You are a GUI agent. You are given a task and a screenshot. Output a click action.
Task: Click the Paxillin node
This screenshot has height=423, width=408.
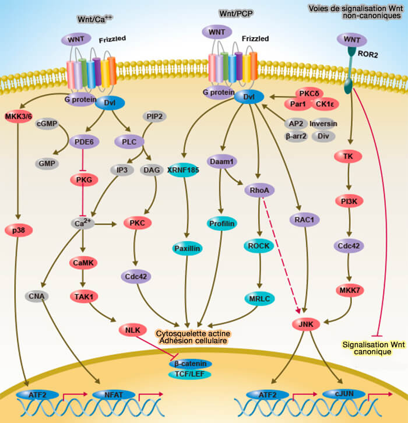tap(187, 248)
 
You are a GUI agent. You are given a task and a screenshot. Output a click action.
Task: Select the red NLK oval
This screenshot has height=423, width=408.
tap(131, 331)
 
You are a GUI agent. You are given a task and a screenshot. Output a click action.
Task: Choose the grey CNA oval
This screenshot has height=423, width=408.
tap(38, 296)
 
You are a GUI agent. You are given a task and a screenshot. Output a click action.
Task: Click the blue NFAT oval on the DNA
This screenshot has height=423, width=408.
tap(114, 395)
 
